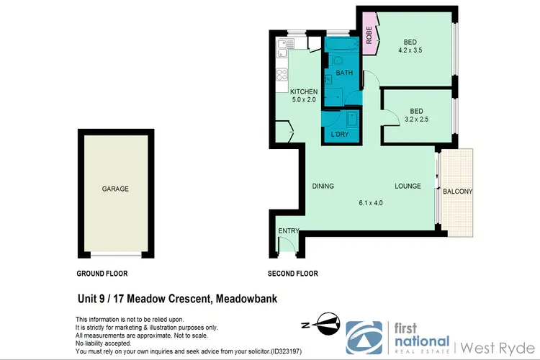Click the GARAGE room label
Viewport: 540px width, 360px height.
pyautogui.click(x=115, y=189)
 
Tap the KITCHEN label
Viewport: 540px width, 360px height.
pyautogui.click(x=303, y=91)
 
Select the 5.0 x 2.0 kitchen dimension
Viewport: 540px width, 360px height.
pyautogui.click(x=303, y=101)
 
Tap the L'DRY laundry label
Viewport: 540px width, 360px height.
pyautogui.click(x=340, y=135)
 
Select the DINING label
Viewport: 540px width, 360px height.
pyautogui.click(x=323, y=186)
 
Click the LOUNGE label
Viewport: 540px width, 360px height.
pyautogui.click(x=408, y=186)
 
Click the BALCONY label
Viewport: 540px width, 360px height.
pyautogui.click(x=458, y=192)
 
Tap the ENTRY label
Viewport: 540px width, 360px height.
pyautogui.click(x=288, y=230)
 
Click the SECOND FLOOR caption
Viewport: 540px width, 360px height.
pyautogui.click(x=292, y=274)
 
